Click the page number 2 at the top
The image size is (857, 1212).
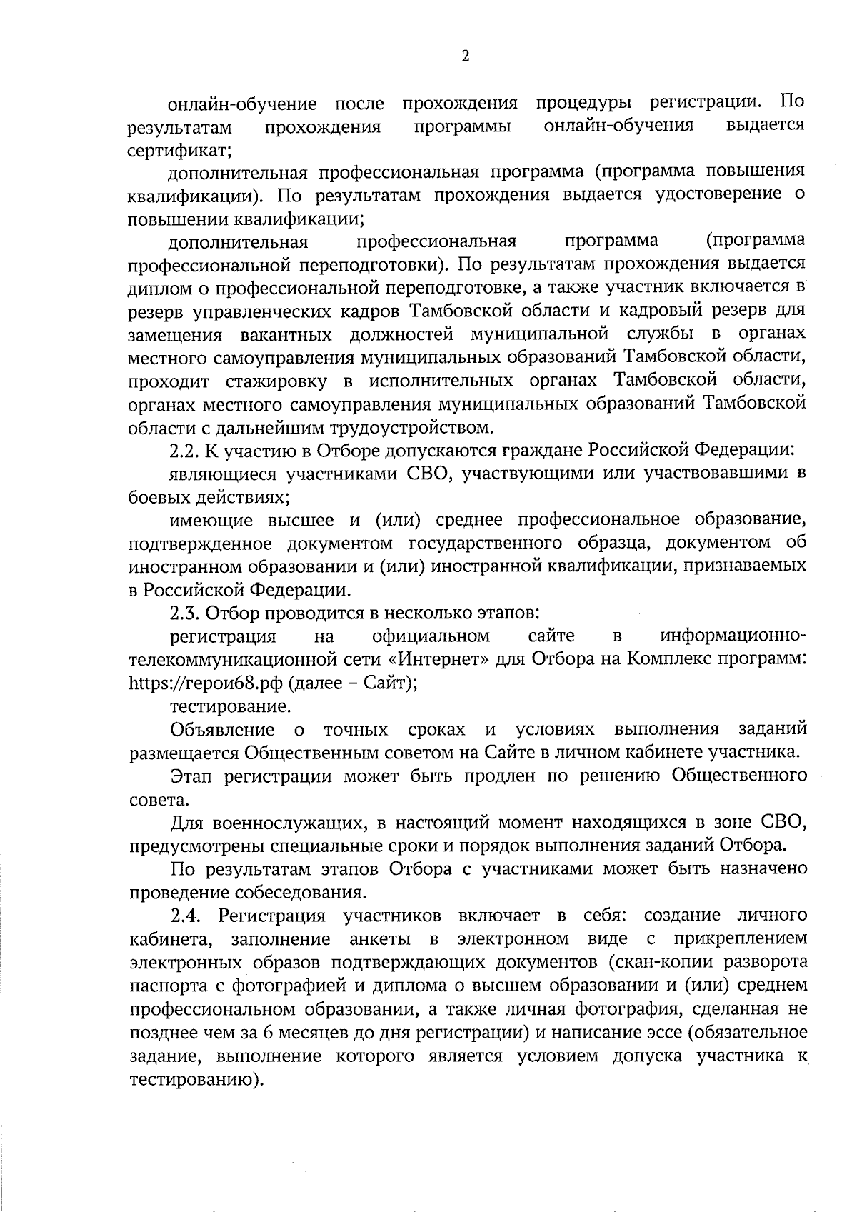tap(465, 57)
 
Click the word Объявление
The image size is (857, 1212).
tap(222, 729)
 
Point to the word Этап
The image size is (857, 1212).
tap(192, 776)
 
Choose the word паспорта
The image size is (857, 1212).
tap(165, 986)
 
